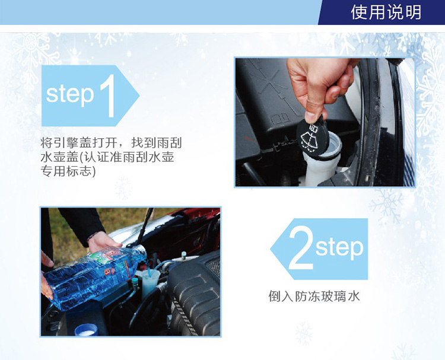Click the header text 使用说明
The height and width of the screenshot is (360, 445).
point(386,12)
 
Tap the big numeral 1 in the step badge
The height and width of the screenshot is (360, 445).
point(108,96)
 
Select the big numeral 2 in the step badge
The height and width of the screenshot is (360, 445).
point(301,249)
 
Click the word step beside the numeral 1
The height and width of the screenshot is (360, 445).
point(70,95)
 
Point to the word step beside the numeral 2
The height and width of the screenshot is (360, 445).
point(339,248)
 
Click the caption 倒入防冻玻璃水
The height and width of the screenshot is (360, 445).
point(314,297)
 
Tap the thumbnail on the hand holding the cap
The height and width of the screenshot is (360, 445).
point(311,116)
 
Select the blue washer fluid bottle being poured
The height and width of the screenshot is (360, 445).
point(94,276)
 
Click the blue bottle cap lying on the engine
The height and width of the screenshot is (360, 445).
point(86,330)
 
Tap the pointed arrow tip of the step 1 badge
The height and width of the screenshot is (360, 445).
point(139,96)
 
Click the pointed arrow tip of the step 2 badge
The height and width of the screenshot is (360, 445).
point(270,249)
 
